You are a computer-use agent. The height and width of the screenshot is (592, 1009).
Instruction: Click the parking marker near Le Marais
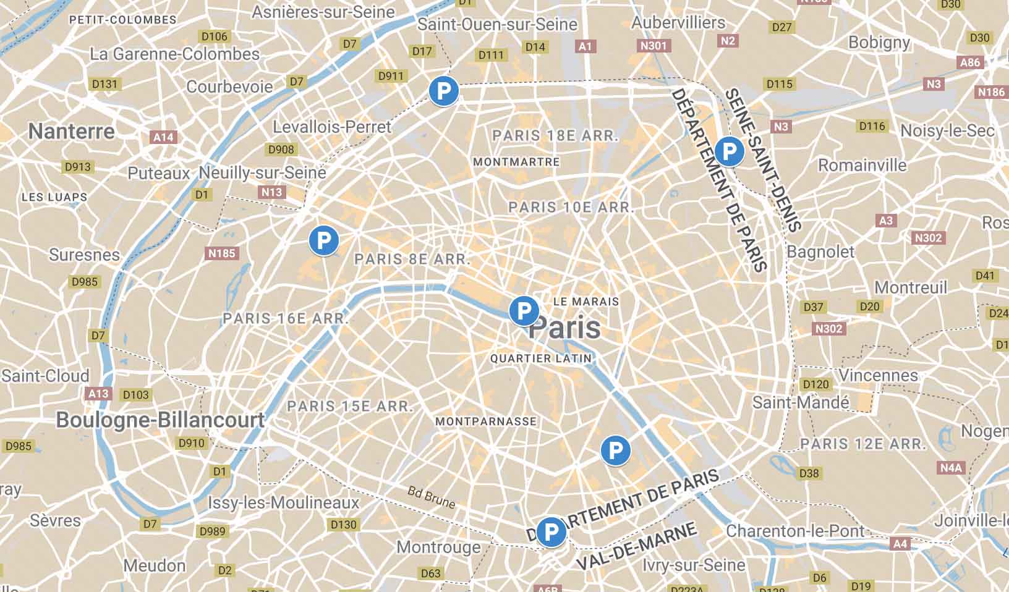pos(524,311)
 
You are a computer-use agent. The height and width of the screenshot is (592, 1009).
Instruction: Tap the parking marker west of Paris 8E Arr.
pos(323,240)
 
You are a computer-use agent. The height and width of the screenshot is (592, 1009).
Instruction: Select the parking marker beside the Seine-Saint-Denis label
pos(729,151)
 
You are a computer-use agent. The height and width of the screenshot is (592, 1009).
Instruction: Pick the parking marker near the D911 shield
pos(443,91)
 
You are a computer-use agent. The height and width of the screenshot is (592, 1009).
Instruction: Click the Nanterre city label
pos(72,131)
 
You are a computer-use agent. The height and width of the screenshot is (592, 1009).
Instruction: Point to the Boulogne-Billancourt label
pos(160,420)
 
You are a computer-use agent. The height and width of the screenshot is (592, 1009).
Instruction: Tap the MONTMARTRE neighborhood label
pos(516,162)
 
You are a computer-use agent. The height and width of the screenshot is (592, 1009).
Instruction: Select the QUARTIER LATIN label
pos(541,358)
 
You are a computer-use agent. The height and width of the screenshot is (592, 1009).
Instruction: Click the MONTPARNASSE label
pos(486,421)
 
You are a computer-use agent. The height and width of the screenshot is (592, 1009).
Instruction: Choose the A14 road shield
pos(163,137)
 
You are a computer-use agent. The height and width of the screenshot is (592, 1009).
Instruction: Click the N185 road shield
pos(222,253)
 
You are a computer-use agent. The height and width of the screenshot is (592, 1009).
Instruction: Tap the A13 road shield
pos(98,394)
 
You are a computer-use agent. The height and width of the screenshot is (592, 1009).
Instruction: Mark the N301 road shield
pos(654,46)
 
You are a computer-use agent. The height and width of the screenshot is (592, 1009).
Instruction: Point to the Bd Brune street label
pos(432,497)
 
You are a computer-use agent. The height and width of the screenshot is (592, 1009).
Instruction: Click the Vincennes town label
pos(878,375)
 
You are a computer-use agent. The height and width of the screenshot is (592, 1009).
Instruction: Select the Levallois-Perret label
pos(332,127)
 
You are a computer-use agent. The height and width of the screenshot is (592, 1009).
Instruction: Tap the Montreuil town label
pos(911,287)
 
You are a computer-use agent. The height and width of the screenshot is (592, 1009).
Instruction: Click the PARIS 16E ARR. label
pos(286,319)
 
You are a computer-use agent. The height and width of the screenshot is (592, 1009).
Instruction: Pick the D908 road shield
pos(281,150)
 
